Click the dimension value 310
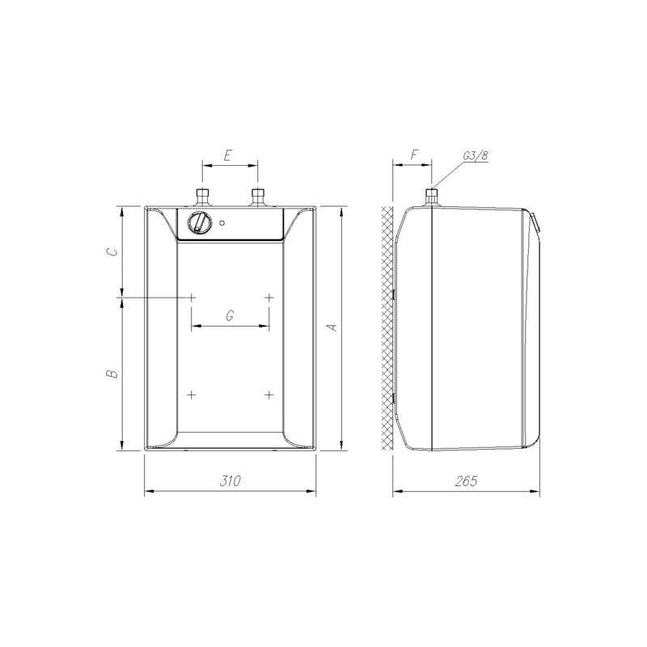230,480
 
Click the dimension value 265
467,480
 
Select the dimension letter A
331,328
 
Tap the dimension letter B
112,374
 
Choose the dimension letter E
229,154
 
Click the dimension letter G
230,316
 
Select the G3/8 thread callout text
475,155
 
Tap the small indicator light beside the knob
222,223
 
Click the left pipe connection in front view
202,197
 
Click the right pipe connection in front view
258,197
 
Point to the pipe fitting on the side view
432,197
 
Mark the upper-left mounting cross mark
192,298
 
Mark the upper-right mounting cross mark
269,298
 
